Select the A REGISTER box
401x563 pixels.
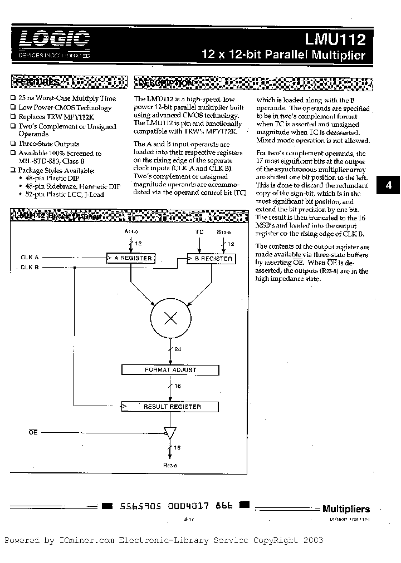pyautogui.click(x=131, y=258)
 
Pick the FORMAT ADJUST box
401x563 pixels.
pyautogui.click(x=170, y=369)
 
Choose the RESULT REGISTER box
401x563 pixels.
pyautogui.click(x=170, y=407)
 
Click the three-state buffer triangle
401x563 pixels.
pyautogui.click(x=169, y=432)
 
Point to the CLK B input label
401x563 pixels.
pyautogui.click(x=30, y=268)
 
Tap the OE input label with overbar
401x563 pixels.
pyautogui.click(x=33, y=432)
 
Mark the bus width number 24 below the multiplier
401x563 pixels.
pyautogui.click(x=178, y=349)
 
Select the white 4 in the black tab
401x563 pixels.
pyautogui.click(x=389, y=186)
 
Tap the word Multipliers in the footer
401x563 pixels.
pyautogui.click(x=346, y=508)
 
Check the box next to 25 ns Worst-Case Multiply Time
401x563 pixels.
pyautogui.click(x=13, y=98)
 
